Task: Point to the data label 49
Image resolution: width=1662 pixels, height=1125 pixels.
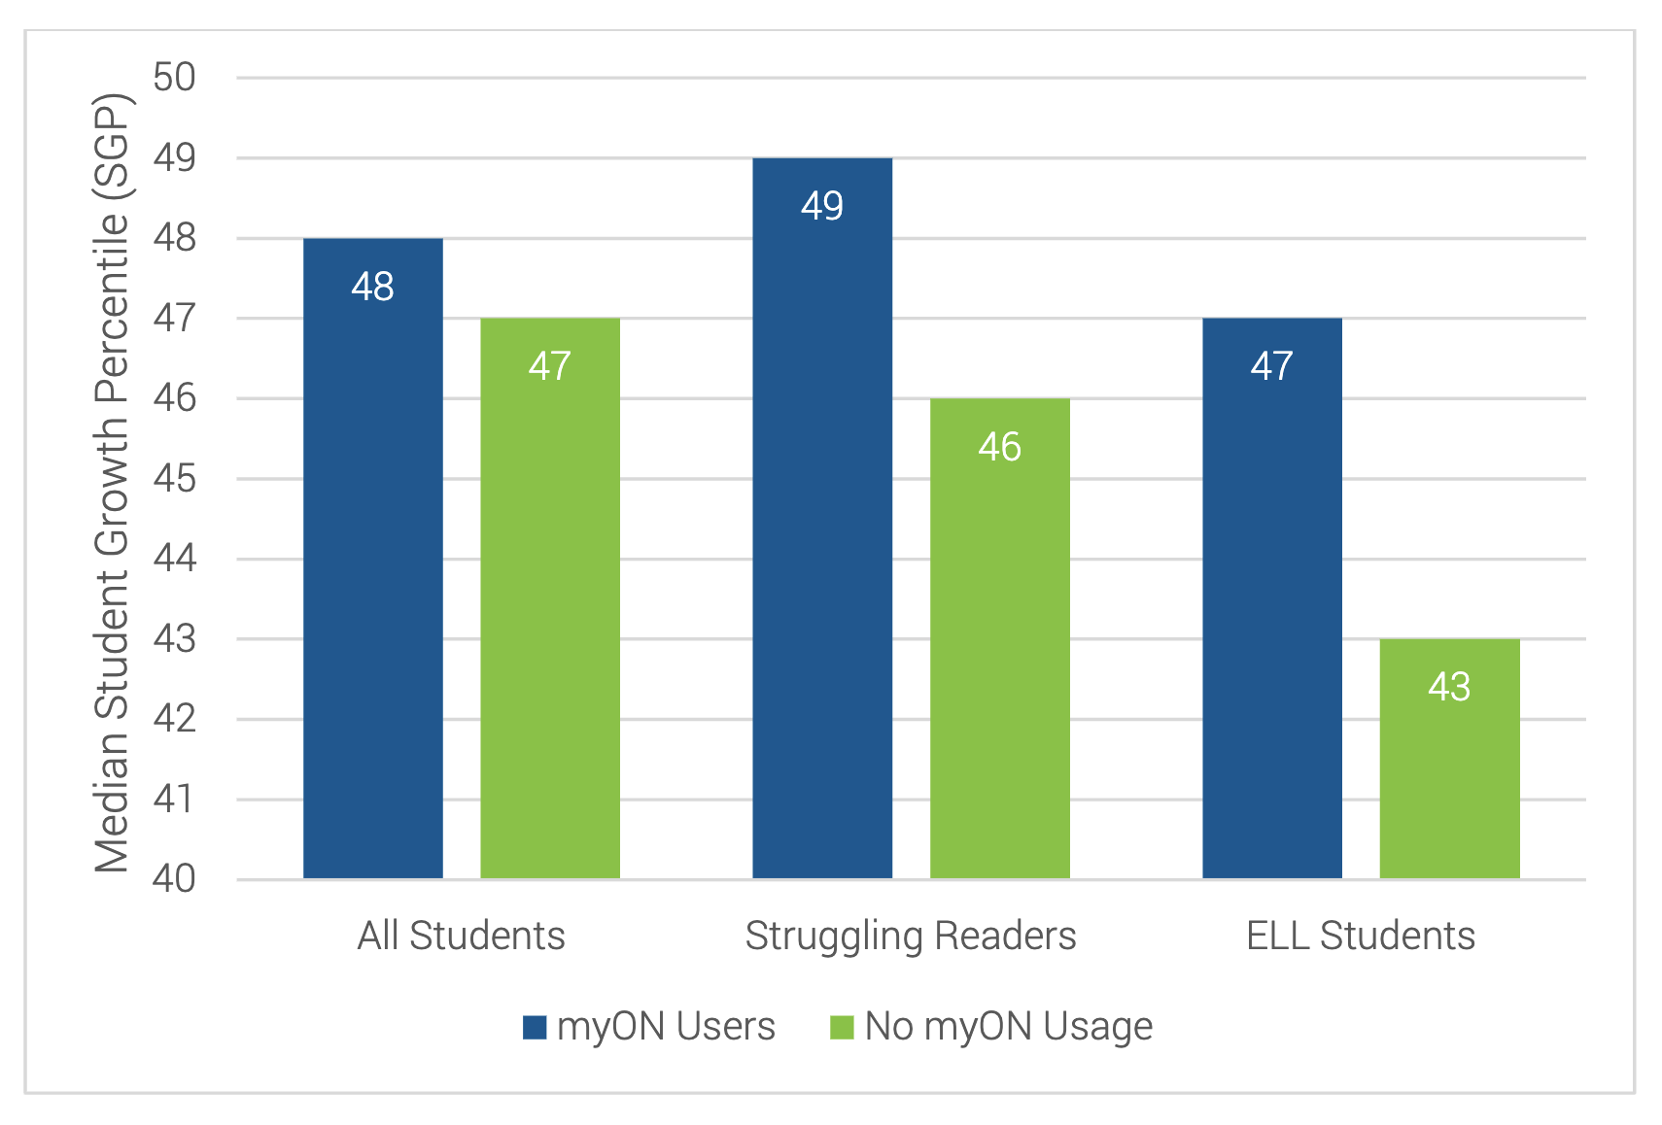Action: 822,206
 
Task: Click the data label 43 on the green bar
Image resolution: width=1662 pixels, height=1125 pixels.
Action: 1449,687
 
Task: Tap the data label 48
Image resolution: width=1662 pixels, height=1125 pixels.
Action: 372,287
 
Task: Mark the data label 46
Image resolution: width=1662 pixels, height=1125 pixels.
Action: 999,447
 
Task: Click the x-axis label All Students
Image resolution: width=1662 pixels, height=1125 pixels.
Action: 461,936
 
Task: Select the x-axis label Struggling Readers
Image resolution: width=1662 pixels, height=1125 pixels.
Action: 911,936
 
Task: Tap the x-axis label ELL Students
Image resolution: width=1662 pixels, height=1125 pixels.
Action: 1361,936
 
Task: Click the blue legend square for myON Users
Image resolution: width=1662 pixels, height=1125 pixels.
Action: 535,1027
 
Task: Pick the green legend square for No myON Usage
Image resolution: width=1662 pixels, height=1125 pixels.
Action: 842,1027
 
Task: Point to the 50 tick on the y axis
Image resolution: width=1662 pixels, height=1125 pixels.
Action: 175,78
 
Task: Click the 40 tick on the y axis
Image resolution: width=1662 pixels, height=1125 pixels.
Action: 175,878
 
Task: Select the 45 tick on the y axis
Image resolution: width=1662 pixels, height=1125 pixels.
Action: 175,479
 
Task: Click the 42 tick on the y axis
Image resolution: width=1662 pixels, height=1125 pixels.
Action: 175,719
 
